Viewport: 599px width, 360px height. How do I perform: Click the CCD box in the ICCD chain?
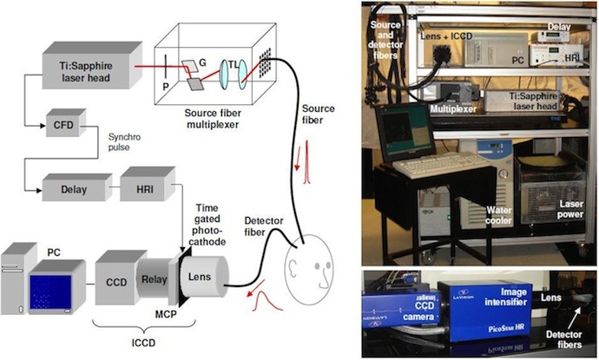tap(116, 281)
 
